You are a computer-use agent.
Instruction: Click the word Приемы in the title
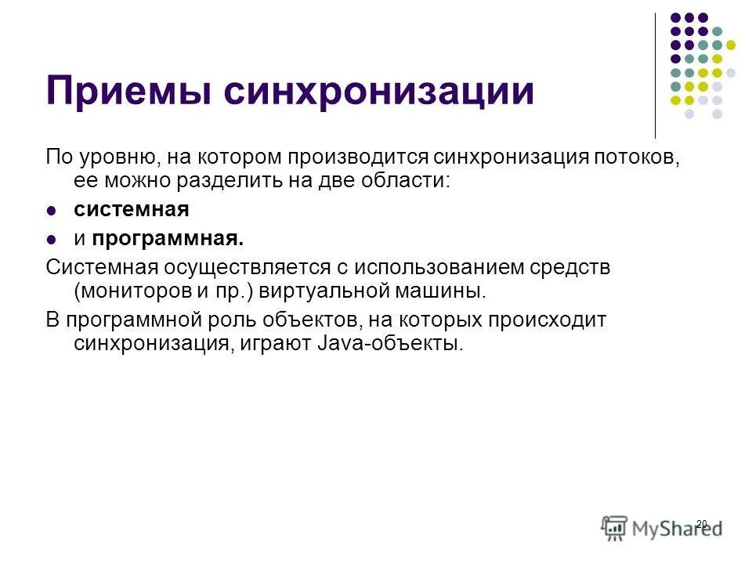(x=128, y=92)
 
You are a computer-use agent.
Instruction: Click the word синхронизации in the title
(x=378, y=92)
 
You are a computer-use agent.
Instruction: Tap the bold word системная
(x=132, y=210)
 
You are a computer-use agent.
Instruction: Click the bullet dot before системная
(x=52, y=211)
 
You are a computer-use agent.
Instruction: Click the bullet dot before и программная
(x=52, y=239)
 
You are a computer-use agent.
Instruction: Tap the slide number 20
(x=701, y=523)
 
